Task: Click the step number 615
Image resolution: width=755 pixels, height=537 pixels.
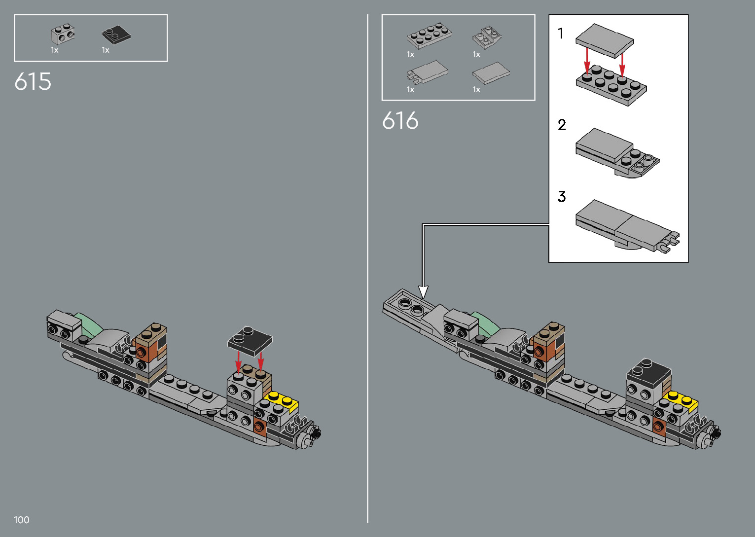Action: [x=33, y=82]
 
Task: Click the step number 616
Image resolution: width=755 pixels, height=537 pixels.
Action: [x=400, y=121]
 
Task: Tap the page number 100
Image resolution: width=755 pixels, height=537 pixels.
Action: [x=22, y=520]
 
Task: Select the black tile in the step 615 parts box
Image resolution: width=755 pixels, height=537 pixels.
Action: [x=116, y=35]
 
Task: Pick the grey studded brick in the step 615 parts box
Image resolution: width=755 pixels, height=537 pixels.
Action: [x=63, y=34]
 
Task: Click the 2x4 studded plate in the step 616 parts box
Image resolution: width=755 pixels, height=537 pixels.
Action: [x=429, y=35]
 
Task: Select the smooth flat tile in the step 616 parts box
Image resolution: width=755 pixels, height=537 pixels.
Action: [x=491, y=73]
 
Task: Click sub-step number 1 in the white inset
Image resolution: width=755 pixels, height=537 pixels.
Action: [x=560, y=34]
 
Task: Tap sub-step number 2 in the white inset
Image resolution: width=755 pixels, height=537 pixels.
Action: [x=562, y=125]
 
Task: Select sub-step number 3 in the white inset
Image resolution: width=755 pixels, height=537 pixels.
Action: [x=562, y=197]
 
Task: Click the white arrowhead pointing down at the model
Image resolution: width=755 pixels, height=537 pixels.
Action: [x=423, y=291]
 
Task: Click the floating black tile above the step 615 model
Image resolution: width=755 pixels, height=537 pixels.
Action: [x=250, y=340]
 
